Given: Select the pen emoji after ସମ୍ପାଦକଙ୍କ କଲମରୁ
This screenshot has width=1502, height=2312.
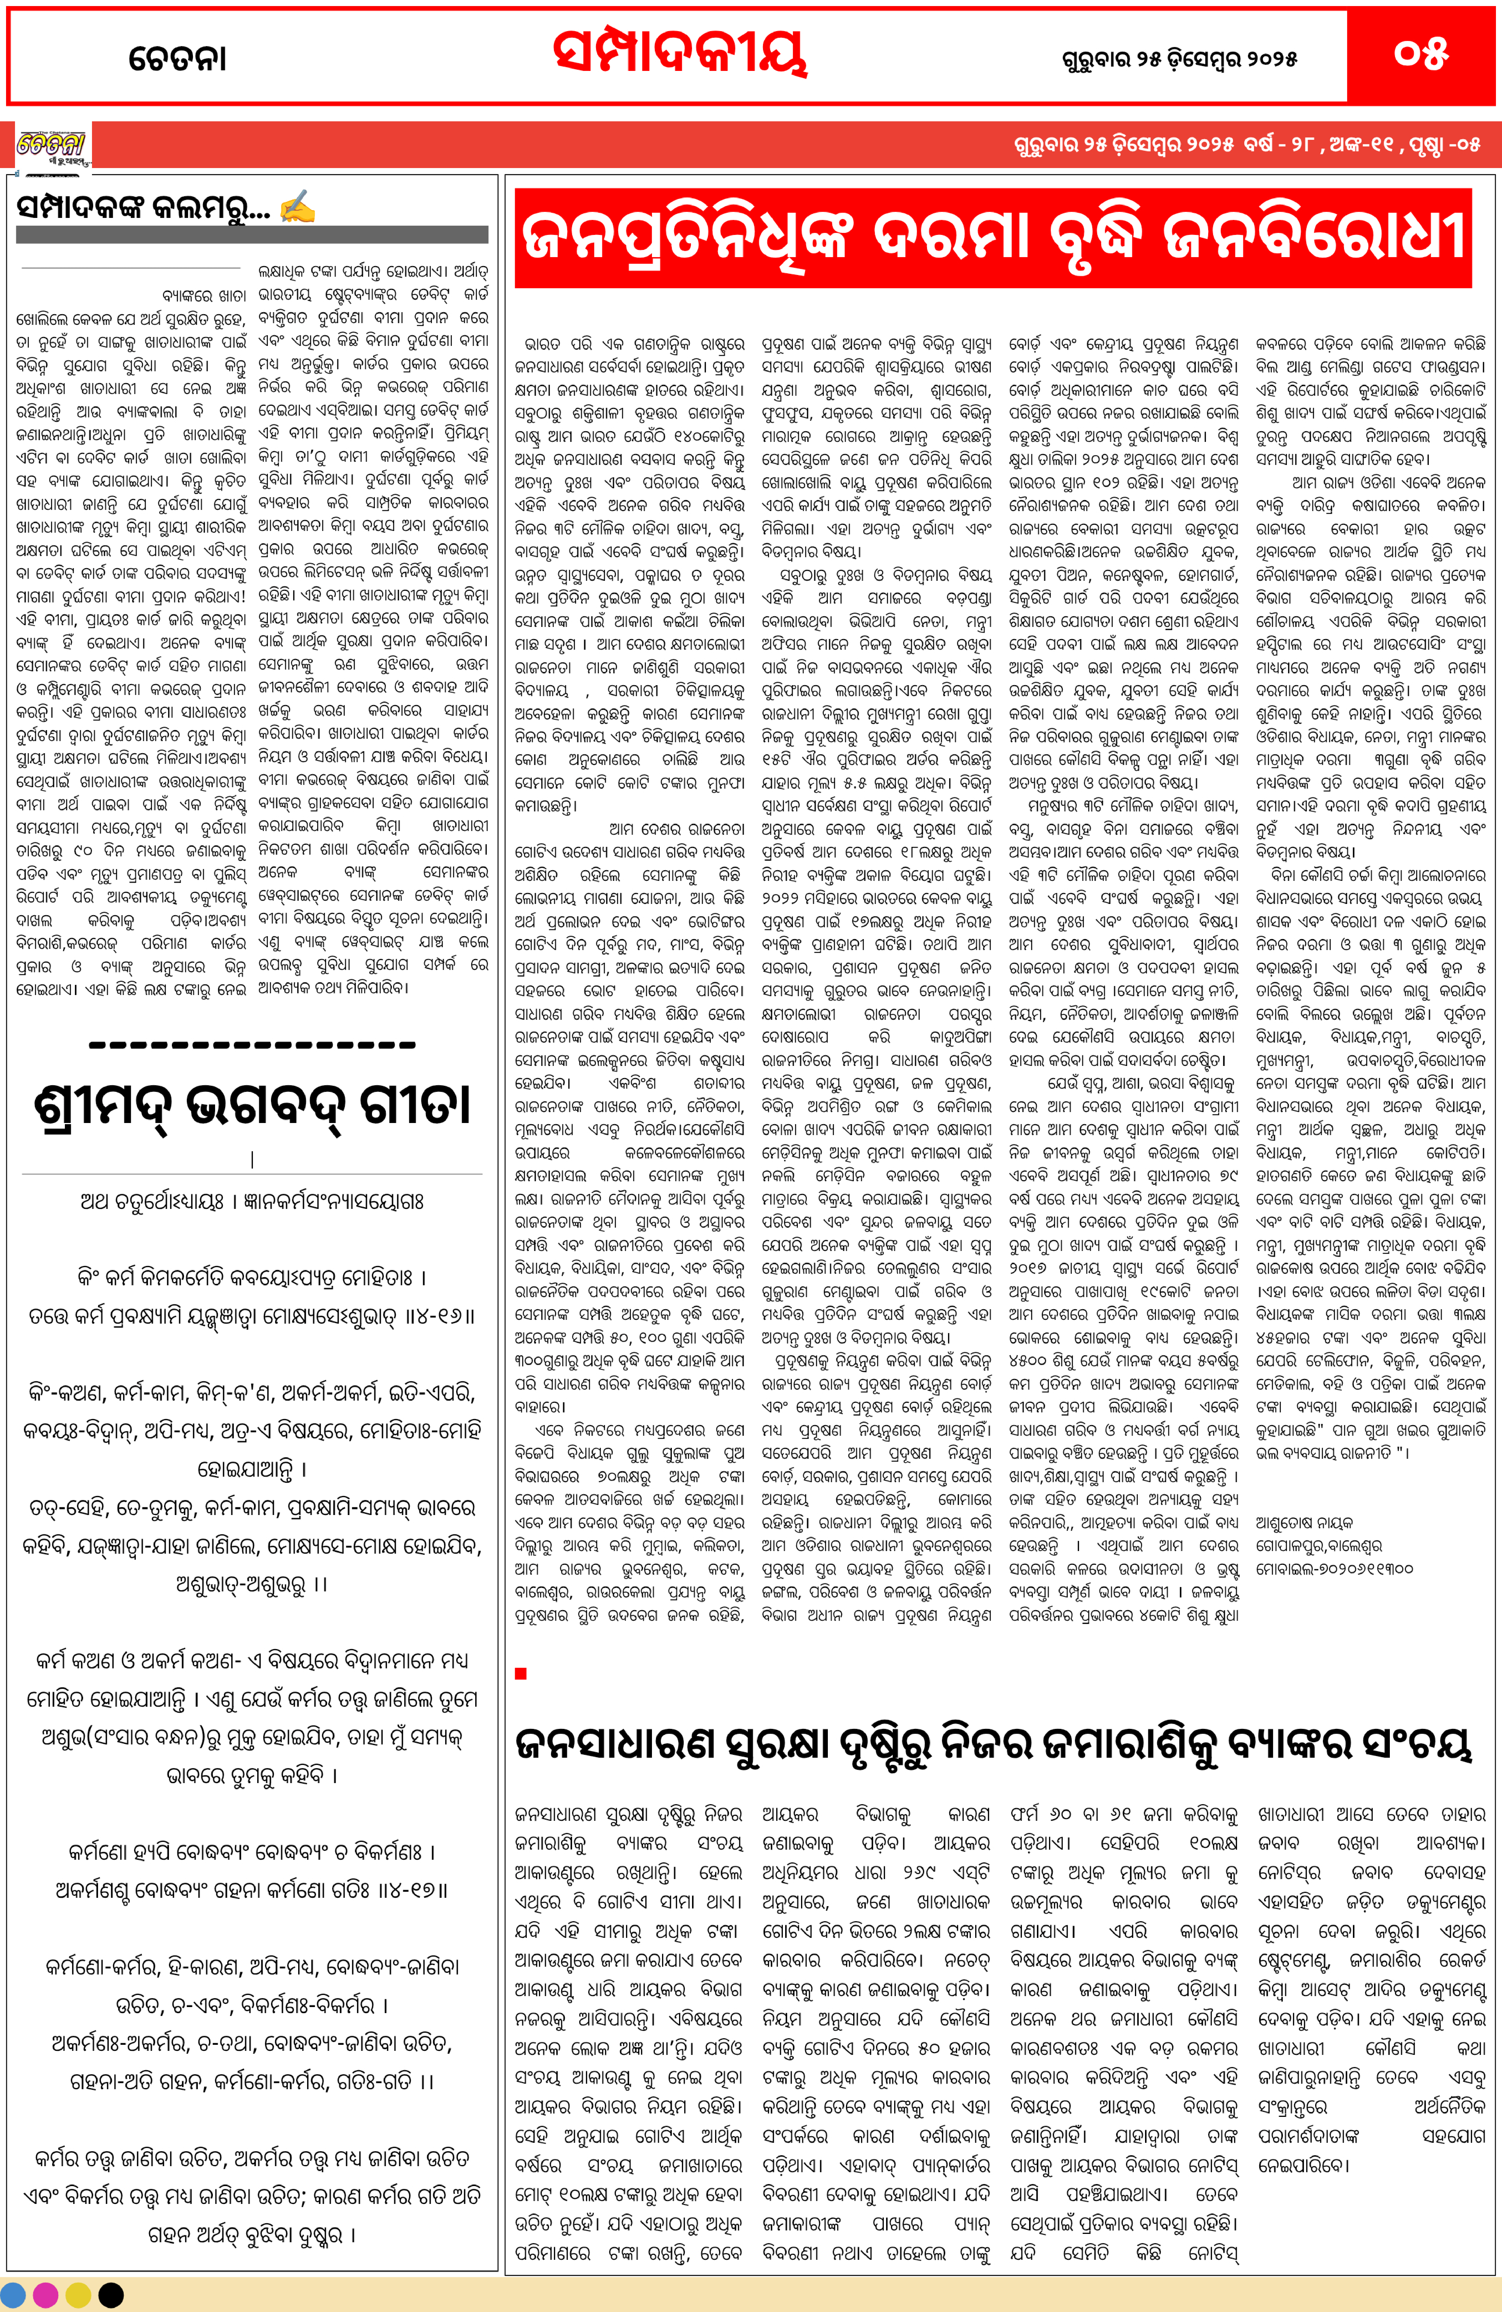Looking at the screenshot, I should [296, 207].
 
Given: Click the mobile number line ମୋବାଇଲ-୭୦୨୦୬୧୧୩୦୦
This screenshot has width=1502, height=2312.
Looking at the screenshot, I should [1334, 1568].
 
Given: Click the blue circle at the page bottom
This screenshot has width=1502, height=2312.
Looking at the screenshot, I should [16, 2294].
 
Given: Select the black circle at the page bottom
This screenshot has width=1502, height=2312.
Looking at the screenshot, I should [111, 2294].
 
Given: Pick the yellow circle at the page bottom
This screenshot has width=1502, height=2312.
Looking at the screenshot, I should [78, 2294].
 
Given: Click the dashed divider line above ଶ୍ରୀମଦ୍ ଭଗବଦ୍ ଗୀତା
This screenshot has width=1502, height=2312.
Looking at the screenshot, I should [252, 1045].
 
